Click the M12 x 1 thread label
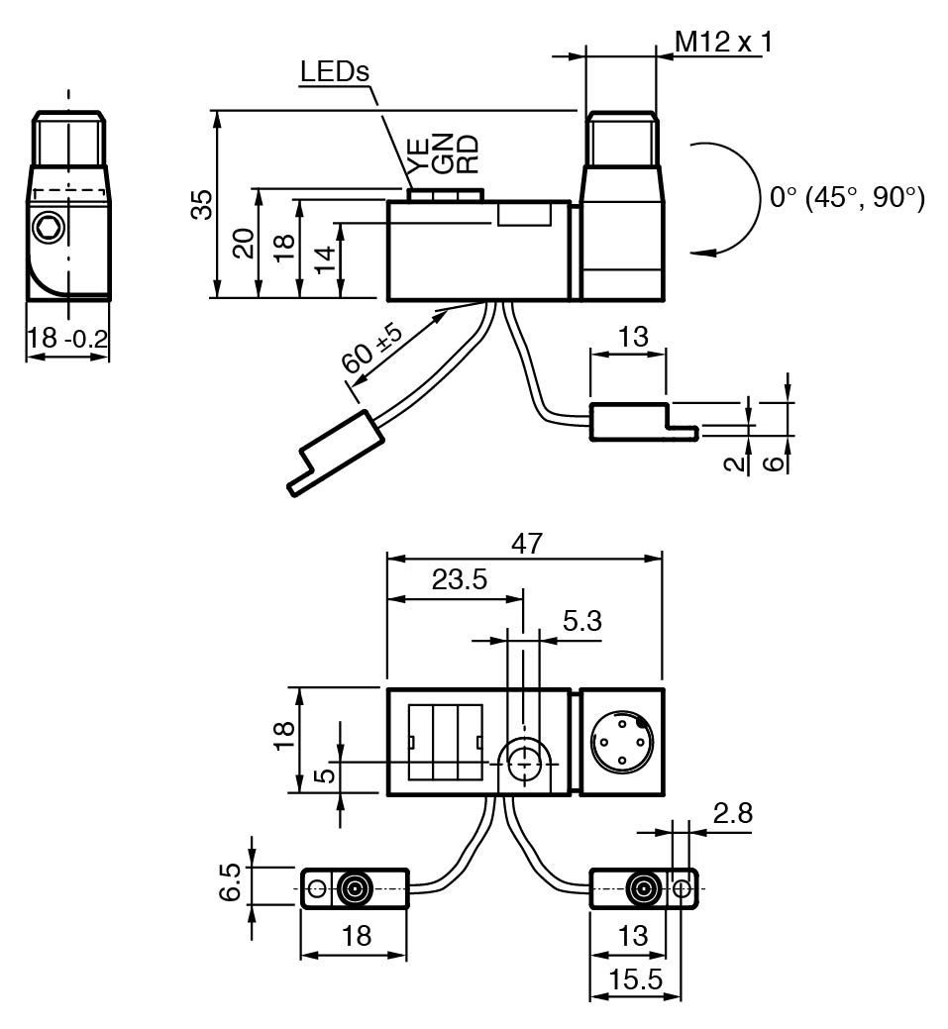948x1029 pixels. coord(723,42)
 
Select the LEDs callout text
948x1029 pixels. coord(335,71)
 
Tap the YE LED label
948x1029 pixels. coord(418,155)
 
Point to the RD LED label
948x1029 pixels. coord(467,154)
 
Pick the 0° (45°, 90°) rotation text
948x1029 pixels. coord(847,197)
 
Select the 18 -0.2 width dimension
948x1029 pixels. coord(67,338)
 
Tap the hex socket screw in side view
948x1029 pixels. coord(48,229)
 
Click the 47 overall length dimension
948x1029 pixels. coord(526,544)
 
